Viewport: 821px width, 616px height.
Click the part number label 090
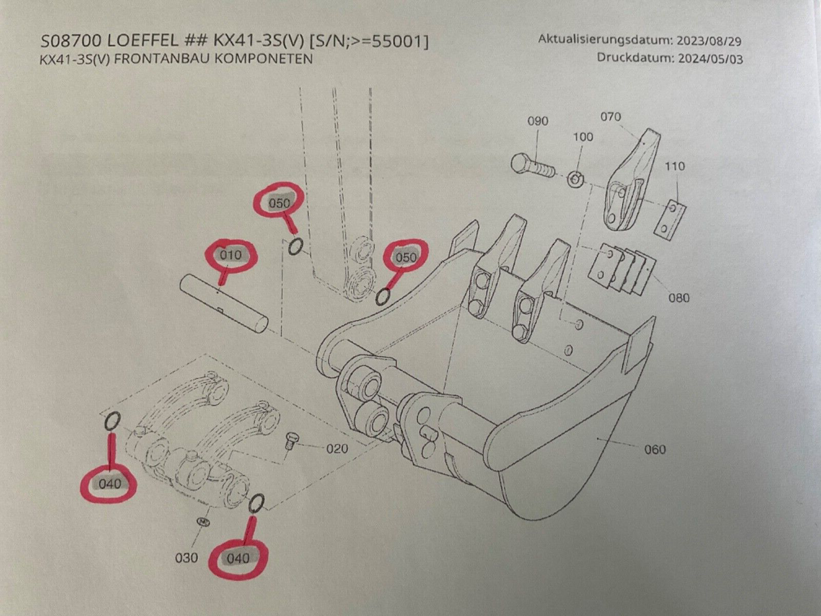tap(538, 122)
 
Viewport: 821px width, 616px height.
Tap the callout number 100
tap(582, 137)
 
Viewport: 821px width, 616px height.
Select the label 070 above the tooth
tap(611, 117)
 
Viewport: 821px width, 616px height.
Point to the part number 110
tap(674, 166)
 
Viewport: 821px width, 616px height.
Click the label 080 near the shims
tap(679, 298)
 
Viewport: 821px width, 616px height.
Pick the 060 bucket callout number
tap(654, 450)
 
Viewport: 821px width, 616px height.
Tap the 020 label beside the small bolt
tap(337, 449)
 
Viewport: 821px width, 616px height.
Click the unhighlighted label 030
tap(187, 557)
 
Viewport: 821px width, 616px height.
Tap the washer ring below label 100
tap(576, 179)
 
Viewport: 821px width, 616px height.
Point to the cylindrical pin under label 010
tap(225, 303)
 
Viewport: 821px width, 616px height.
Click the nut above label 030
tap(204, 522)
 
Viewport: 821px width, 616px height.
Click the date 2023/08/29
tap(711, 41)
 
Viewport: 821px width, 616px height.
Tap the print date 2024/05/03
tap(711, 57)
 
